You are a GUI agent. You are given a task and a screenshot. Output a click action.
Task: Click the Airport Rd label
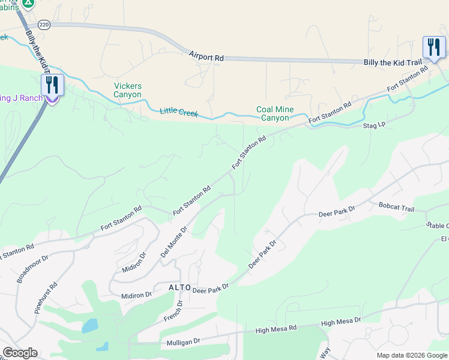206,56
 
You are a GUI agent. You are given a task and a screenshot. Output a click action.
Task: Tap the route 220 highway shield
43,24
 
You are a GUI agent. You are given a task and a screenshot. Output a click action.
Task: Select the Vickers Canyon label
128,91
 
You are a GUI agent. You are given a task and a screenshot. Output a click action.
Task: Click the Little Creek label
179,112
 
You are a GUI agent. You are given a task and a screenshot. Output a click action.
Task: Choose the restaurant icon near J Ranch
52,85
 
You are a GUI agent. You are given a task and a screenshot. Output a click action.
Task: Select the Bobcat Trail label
396,208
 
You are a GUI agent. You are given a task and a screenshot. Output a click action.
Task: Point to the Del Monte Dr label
174,242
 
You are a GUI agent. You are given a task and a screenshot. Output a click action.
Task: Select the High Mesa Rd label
276,329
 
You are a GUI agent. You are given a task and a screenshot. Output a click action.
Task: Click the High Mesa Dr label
340,323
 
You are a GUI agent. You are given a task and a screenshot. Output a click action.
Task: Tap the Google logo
20,353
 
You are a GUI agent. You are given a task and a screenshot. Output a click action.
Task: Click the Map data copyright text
411,355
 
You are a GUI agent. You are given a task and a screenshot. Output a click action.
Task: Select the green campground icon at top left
28,4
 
